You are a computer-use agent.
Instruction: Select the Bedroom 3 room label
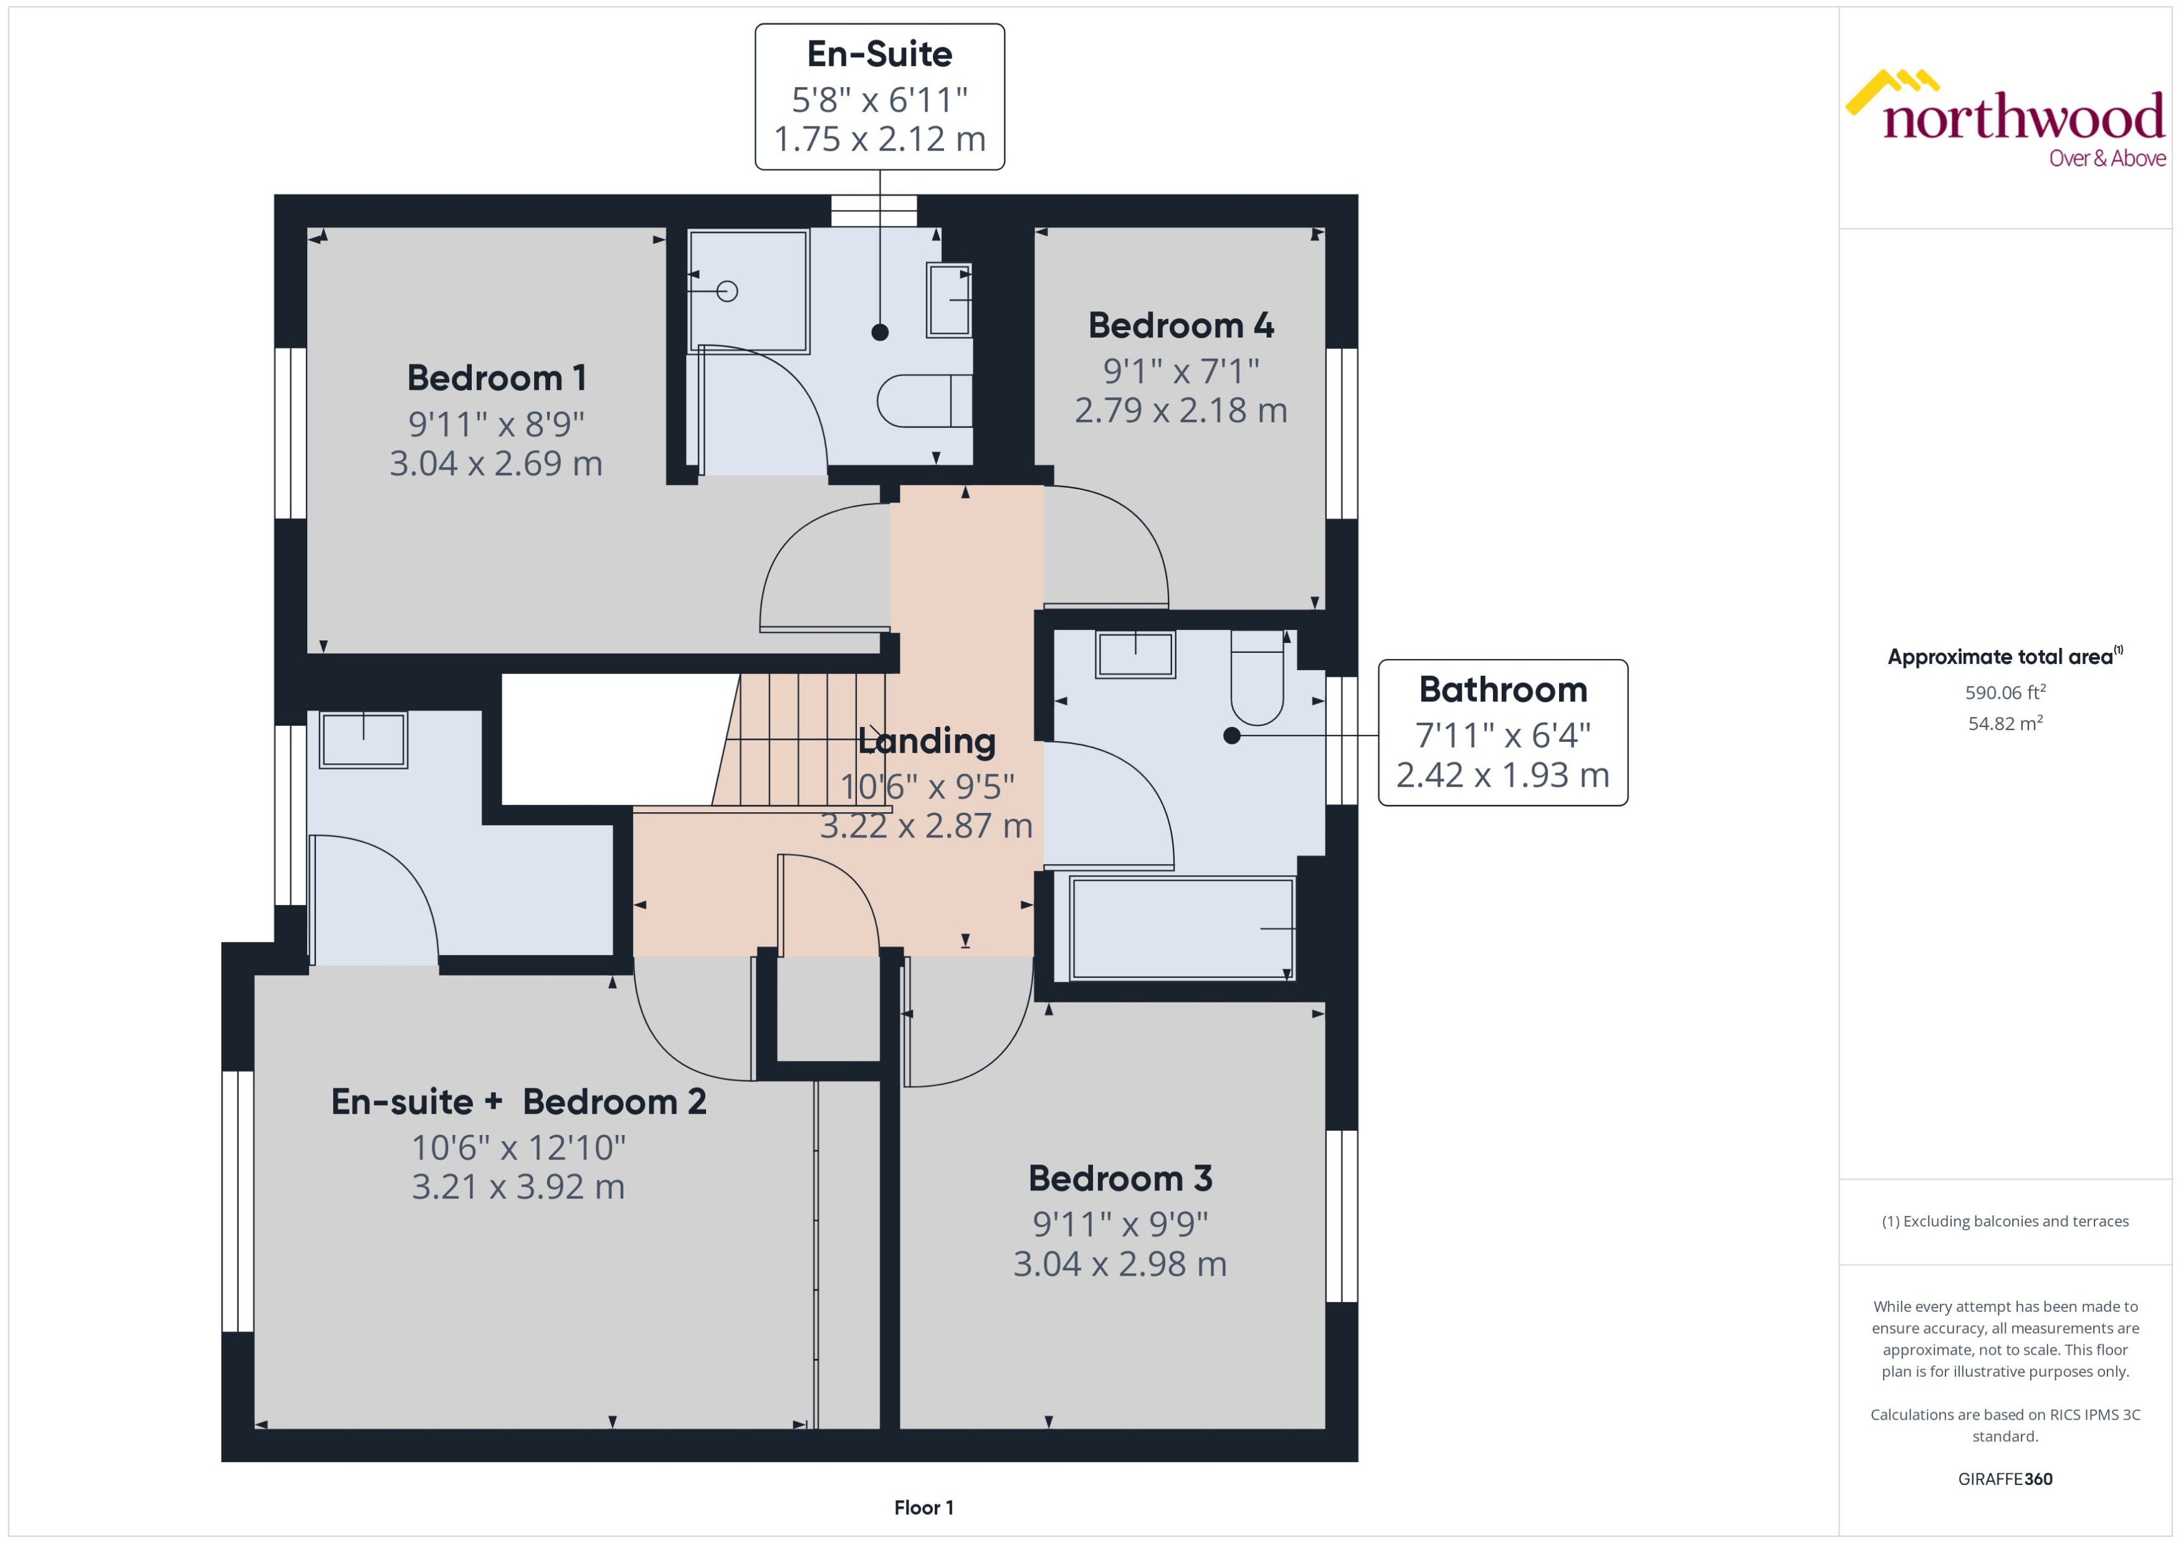(1120, 1179)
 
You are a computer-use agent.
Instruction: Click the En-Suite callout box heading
(879, 54)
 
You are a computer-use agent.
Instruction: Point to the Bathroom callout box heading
(1502, 690)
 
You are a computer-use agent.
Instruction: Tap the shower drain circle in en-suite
(727, 291)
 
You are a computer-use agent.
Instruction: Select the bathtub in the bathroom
(1181, 928)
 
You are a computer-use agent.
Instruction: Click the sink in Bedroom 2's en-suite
(363, 739)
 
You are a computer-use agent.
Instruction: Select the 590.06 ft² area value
(2005, 693)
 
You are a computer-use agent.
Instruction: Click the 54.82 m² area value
(2005, 724)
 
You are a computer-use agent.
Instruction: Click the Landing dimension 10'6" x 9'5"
(927, 787)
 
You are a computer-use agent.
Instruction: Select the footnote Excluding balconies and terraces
(2005, 1222)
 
